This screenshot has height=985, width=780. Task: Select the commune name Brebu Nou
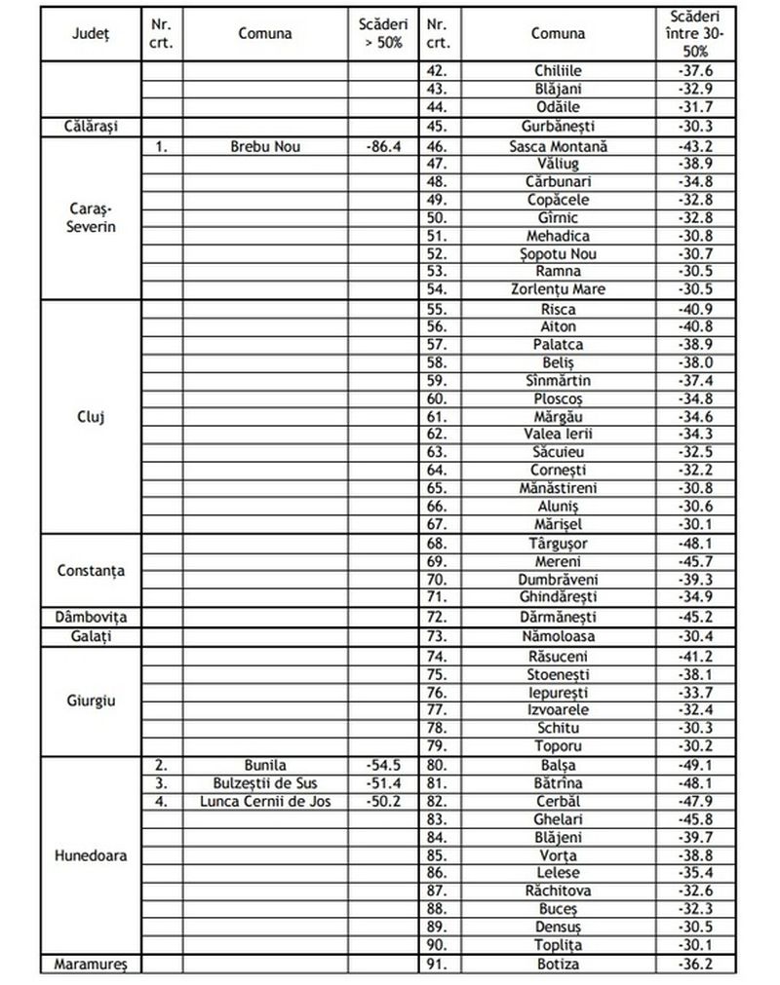(x=265, y=146)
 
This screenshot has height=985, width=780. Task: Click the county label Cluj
(x=91, y=415)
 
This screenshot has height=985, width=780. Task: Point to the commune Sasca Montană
(x=558, y=146)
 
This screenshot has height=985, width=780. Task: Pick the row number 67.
(x=437, y=522)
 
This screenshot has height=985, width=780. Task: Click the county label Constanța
(x=91, y=570)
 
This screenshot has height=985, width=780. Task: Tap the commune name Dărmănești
(x=558, y=617)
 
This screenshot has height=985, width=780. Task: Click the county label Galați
(x=91, y=636)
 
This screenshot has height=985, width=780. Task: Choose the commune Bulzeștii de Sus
(x=265, y=782)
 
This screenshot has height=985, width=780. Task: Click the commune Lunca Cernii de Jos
(x=265, y=801)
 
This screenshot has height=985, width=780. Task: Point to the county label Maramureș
(x=91, y=965)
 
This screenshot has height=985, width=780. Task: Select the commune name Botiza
(x=558, y=965)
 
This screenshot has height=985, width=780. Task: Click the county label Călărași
(x=91, y=126)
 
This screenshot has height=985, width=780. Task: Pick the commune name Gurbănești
(x=558, y=126)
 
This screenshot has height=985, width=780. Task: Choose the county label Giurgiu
(x=91, y=701)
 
